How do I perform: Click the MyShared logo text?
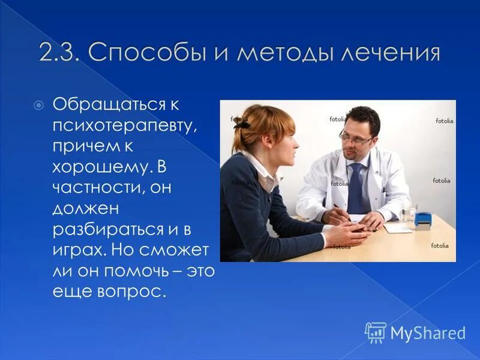[427, 333]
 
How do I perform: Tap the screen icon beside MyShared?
[376, 332]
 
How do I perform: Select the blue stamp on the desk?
[425, 220]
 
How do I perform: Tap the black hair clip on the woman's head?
[242, 125]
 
